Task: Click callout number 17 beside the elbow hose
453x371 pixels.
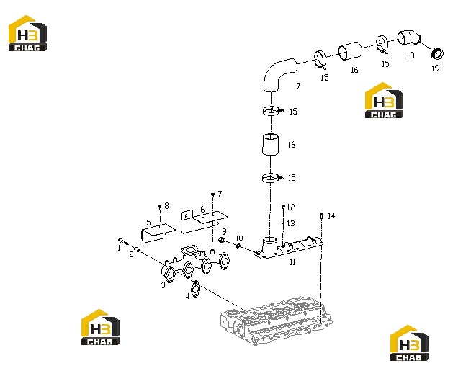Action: coord(297,86)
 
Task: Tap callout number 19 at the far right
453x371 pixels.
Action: coord(436,68)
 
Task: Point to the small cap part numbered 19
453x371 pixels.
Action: coord(437,54)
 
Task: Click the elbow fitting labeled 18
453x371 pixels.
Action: coord(409,38)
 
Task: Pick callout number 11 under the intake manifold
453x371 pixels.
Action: coord(292,262)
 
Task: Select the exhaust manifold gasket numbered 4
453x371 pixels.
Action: coord(196,289)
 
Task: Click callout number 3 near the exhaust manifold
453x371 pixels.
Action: coord(163,285)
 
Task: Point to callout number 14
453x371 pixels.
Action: coord(331,216)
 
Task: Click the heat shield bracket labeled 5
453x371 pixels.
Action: coord(157,233)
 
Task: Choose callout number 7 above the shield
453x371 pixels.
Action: coord(220,194)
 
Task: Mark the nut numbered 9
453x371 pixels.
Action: coord(222,240)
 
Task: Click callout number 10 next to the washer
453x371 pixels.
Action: coord(240,238)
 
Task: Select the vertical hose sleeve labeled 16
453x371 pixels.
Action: coord(271,145)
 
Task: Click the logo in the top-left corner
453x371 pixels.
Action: coord(28,33)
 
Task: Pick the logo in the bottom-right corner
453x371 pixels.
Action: coord(409,343)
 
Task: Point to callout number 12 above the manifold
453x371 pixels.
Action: coord(291,207)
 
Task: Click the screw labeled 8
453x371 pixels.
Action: coord(160,207)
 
